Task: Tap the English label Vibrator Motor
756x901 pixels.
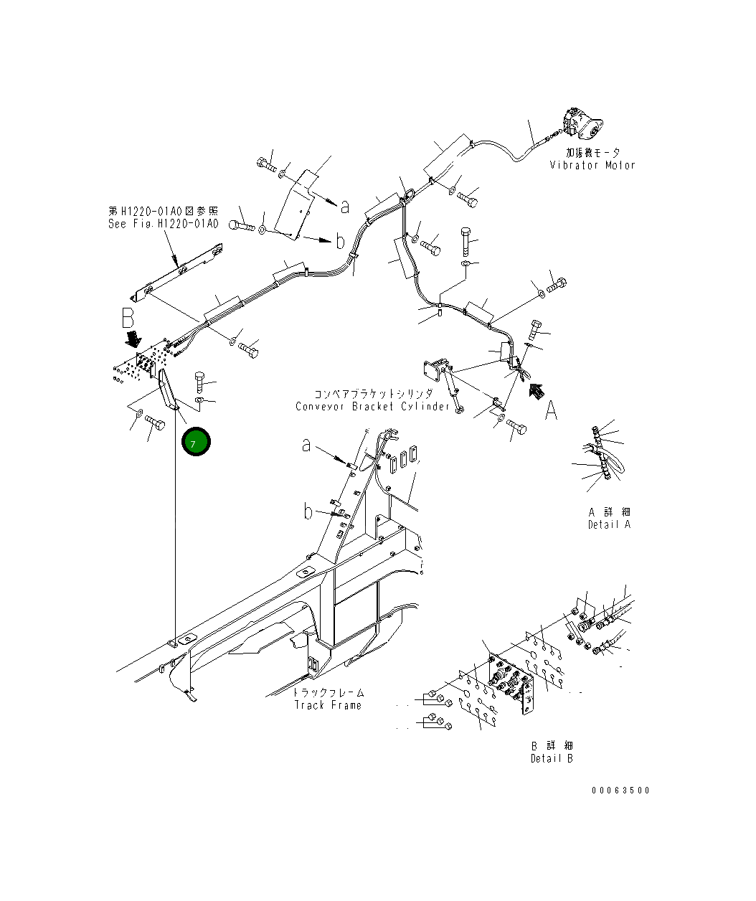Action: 592,165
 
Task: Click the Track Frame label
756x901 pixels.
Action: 328,705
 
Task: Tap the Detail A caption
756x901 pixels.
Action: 609,524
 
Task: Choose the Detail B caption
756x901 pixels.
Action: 552,758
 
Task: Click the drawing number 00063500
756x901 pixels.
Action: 620,790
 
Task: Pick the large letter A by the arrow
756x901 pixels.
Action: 551,411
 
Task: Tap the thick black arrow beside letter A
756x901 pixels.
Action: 534,390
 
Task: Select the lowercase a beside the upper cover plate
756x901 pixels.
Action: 345,207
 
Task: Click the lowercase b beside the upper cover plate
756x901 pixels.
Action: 339,241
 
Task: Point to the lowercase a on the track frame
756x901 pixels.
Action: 306,445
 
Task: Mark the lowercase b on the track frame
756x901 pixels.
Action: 308,511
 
